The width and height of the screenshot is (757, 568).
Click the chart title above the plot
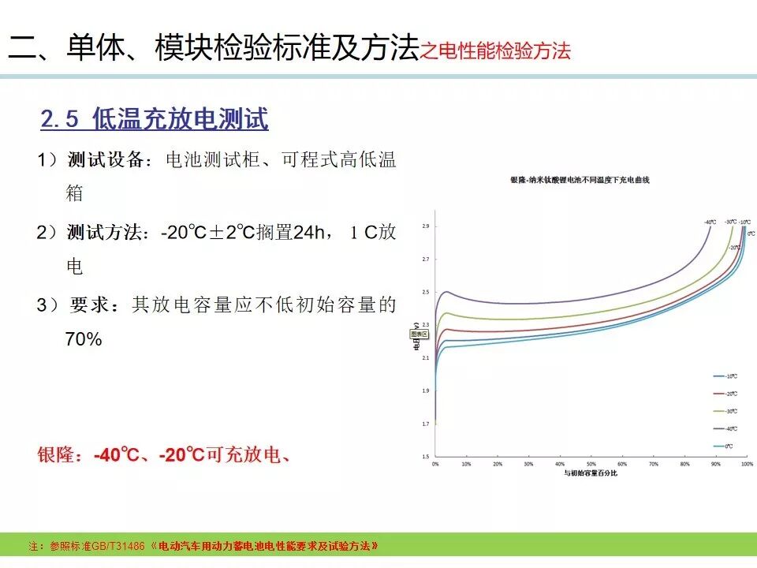(586, 181)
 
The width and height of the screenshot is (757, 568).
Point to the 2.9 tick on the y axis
(426, 226)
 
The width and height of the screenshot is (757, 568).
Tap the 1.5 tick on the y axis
(426, 457)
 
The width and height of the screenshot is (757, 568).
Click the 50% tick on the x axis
(591, 465)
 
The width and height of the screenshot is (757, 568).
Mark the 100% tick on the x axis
(746, 465)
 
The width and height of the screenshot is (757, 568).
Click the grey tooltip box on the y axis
(419, 334)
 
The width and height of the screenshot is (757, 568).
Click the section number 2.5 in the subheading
(60, 120)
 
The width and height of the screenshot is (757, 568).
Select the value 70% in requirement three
(84, 340)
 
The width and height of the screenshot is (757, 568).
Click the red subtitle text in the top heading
(495, 52)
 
